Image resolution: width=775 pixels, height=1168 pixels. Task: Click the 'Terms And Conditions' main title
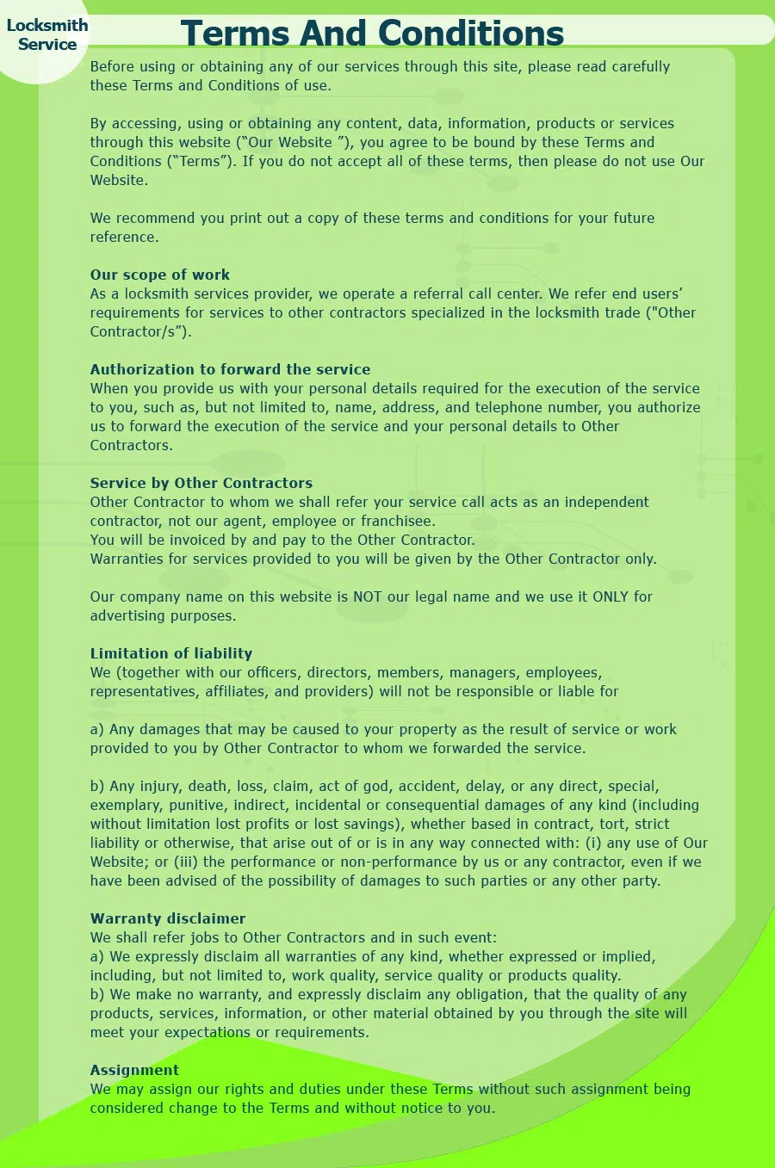coord(372,34)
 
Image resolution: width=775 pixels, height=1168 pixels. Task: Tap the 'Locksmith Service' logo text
coord(47,35)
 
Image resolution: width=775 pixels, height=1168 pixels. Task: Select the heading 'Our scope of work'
coord(160,275)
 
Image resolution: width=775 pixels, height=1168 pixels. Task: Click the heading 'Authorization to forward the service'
coord(230,369)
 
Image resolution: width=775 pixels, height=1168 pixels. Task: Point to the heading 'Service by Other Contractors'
coord(201,483)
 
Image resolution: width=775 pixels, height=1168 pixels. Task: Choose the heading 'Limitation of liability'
coord(171,653)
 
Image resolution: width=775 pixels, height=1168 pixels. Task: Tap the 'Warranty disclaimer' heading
coord(168,918)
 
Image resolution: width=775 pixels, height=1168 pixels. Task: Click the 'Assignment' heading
coord(134,1070)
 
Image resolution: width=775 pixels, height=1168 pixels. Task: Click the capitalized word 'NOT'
coord(367,596)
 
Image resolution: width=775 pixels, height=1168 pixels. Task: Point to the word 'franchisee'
coord(398,521)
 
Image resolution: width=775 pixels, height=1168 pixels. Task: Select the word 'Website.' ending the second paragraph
coord(119,180)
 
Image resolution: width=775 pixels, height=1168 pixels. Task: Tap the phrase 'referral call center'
coord(487,294)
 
